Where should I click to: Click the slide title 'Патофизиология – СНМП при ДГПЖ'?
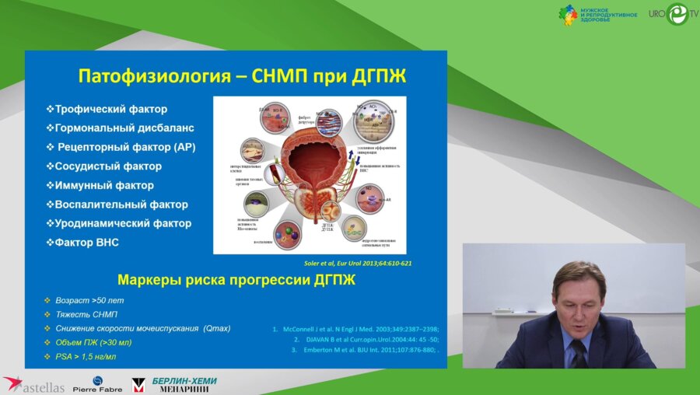(242, 76)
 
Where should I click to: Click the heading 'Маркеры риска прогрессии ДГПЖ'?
(236, 280)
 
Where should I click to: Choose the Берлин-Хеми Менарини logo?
(174, 384)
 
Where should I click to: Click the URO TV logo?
(668, 14)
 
